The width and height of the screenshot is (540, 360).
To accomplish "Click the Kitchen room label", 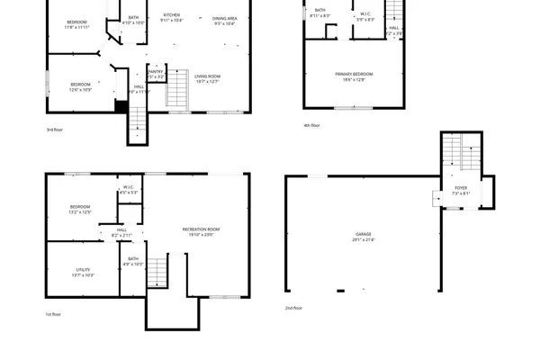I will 172,15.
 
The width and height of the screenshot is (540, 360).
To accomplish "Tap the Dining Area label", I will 225,18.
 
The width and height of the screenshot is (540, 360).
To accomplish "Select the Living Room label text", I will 207,76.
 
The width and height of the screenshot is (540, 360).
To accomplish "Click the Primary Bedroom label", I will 354,74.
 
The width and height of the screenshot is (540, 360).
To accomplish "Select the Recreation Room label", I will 200,229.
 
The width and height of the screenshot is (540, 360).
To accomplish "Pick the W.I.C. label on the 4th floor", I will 366,13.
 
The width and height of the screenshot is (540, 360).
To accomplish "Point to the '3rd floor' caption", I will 55,130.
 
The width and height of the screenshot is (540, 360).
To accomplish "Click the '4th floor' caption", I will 312,125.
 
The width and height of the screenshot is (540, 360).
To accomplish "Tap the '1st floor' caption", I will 54,314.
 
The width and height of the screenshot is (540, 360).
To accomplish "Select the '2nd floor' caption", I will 294,308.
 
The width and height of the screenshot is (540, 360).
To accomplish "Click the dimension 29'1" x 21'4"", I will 363,240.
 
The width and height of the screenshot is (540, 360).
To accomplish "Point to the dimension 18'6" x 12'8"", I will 354,80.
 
